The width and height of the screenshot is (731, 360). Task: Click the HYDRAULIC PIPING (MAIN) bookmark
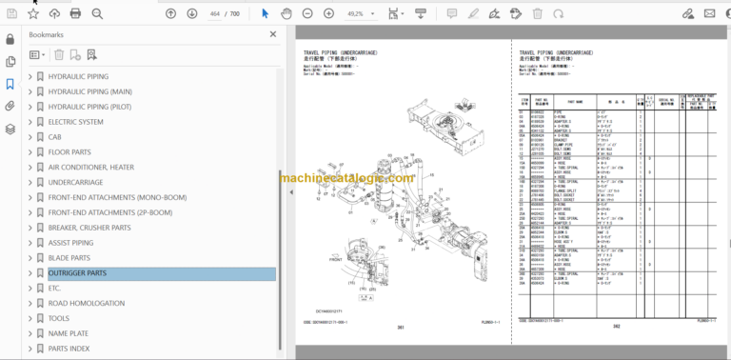click(89, 91)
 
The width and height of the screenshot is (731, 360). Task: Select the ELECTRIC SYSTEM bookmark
click(75, 122)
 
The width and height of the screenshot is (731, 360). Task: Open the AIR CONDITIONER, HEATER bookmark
click(90, 167)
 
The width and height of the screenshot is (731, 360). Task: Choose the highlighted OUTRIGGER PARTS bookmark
click(77, 273)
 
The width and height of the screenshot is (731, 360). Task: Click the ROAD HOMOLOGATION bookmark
click(86, 304)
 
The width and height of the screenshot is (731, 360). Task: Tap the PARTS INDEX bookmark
click(69, 349)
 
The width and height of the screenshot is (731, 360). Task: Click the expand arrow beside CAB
click(30, 137)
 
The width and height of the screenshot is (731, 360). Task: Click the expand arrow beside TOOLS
click(30, 319)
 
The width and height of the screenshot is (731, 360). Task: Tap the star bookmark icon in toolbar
click(34, 14)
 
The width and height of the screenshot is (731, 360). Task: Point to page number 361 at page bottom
click(400, 328)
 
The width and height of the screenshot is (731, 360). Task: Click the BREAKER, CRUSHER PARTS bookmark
click(89, 228)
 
